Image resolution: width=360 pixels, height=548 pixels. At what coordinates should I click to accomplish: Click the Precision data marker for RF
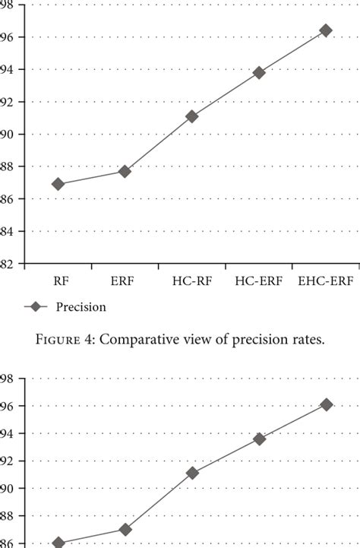(x=58, y=184)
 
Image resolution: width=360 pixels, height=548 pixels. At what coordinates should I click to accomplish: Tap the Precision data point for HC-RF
(x=192, y=116)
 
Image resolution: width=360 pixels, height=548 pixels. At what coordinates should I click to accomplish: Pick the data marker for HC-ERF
(x=259, y=73)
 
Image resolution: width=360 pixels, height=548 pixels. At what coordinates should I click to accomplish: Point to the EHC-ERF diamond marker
(x=326, y=30)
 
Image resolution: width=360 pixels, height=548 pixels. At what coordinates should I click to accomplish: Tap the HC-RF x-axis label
(x=191, y=280)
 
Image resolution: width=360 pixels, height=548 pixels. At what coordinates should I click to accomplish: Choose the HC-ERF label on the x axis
(x=259, y=280)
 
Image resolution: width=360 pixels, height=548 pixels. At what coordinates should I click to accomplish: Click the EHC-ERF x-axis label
(x=326, y=280)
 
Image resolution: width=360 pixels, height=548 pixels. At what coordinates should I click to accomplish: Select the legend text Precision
(x=81, y=307)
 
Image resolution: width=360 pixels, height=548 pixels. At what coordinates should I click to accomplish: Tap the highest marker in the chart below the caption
(x=327, y=405)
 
